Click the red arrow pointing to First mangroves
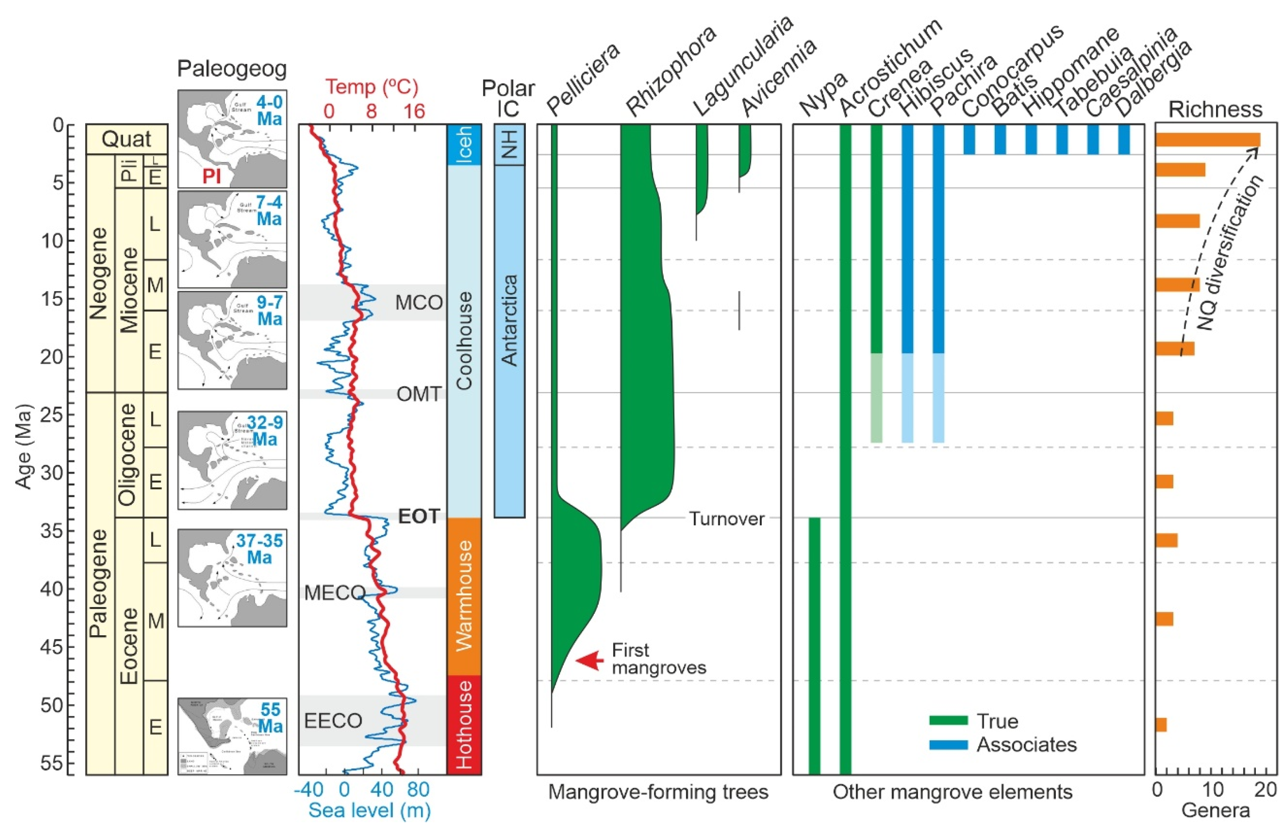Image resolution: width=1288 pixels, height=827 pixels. pos(590,660)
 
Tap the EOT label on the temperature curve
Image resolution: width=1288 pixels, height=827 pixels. pos(419,516)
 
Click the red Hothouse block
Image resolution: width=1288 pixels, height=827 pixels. pos(464,724)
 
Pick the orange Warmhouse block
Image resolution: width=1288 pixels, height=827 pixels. pos(464,596)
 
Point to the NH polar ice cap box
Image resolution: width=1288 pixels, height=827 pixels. pos(509,144)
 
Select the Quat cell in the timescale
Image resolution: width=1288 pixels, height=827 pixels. pos(127,139)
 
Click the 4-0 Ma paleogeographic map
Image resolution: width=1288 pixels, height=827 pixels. pos(232,139)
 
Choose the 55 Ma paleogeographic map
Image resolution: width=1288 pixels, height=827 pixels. pos(232,736)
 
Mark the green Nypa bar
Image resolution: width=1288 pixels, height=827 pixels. pos(814,644)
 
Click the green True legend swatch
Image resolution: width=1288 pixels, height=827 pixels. pos(948,720)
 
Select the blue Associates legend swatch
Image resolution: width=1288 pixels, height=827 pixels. pos(948,744)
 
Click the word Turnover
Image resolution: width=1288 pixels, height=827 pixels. pos(726,519)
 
